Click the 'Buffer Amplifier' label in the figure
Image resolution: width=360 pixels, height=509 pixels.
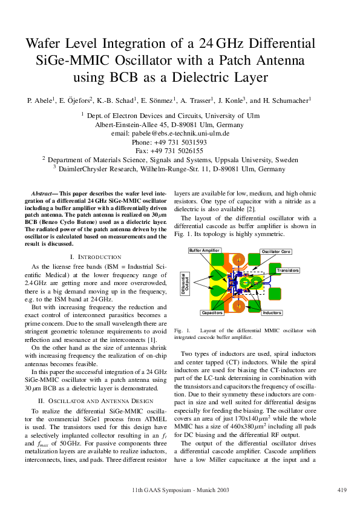205,250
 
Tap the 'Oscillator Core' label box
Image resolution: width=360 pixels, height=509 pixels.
276,251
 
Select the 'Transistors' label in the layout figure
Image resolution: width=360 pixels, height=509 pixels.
287,270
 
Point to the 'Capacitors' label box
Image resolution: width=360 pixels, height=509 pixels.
212,313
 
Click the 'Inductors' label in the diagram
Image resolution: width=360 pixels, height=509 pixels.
272,313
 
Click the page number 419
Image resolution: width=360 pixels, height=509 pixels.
341,489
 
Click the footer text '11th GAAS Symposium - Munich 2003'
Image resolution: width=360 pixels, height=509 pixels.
180,489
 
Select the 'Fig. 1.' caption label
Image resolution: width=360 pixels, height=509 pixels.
182,331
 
